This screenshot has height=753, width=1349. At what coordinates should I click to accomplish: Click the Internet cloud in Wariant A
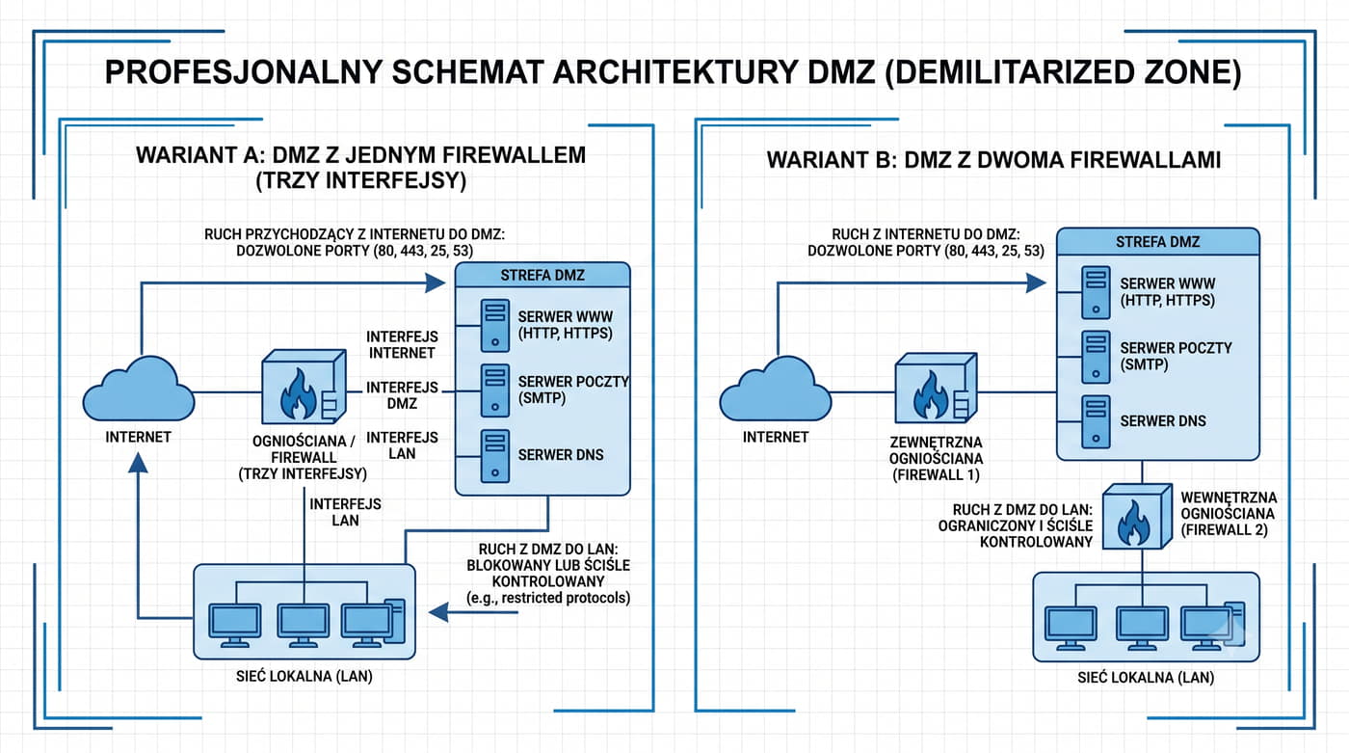click(139, 390)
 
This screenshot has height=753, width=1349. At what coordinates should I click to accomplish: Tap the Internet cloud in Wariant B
click(776, 390)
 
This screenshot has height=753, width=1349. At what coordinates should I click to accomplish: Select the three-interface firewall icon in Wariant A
click(304, 386)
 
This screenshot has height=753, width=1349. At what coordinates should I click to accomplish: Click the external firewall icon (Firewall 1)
click(936, 388)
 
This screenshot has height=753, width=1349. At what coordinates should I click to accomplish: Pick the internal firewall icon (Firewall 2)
click(1137, 516)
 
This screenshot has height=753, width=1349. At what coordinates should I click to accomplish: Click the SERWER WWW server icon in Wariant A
click(495, 325)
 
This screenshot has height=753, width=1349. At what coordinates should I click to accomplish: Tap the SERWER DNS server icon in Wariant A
click(495, 456)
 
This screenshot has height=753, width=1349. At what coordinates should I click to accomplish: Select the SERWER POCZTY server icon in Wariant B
click(1097, 358)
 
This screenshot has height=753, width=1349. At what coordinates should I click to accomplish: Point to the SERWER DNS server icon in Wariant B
click(1097, 421)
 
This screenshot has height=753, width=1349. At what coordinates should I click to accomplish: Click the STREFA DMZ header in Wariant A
click(542, 276)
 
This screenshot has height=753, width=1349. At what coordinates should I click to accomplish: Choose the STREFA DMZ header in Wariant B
click(1157, 242)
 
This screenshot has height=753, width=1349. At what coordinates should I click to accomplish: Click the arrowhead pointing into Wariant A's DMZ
click(435, 282)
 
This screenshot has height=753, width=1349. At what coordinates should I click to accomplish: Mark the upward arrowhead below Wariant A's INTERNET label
click(139, 463)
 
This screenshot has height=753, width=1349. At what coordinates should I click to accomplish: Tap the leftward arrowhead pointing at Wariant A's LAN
click(438, 612)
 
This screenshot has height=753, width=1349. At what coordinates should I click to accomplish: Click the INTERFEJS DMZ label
click(403, 395)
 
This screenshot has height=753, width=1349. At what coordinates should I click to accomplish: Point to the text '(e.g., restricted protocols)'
click(548, 598)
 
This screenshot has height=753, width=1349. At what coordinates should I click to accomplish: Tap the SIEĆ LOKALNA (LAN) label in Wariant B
click(1146, 678)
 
